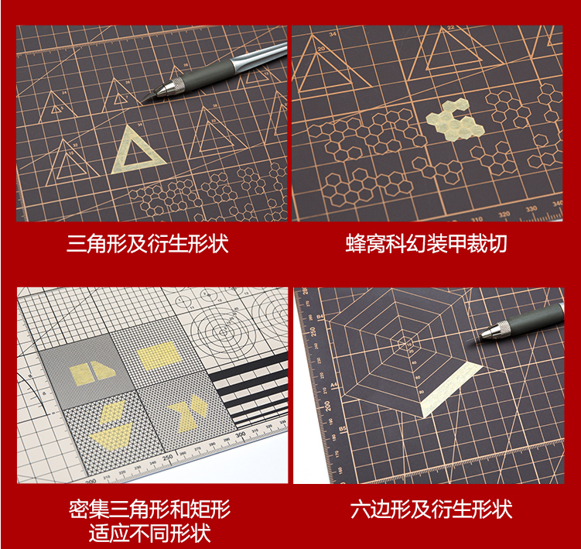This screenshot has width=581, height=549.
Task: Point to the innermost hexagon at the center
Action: tap(405, 341)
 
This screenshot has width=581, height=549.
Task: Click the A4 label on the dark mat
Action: tap(313, 383)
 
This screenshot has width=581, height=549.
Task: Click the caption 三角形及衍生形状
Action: tap(147, 245)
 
